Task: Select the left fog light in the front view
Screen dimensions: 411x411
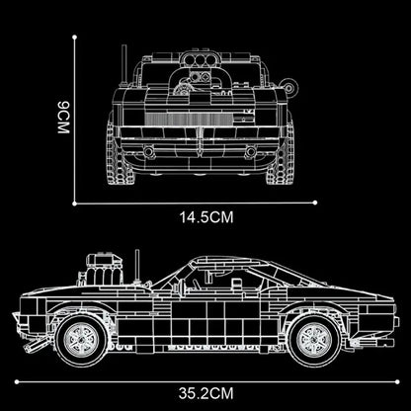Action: click(148, 152)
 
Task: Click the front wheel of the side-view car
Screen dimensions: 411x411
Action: click(79, 336)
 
